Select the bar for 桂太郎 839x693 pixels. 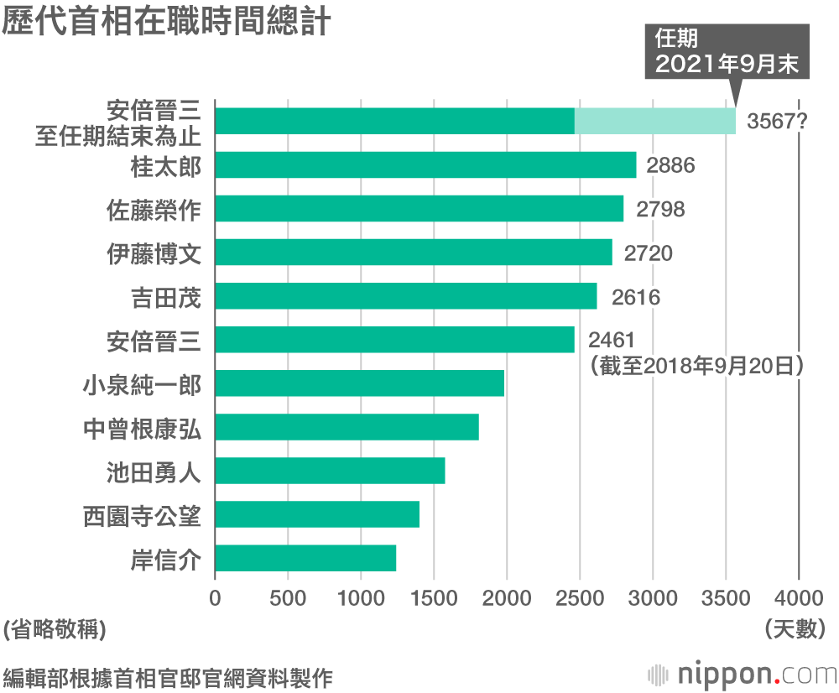425,164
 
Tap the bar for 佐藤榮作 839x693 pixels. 419,208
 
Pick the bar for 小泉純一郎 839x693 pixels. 359,383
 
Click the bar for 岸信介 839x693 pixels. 305,558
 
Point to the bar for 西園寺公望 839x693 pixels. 317,514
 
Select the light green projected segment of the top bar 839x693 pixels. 654,121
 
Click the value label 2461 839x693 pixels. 611,340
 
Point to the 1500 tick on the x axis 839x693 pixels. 434,597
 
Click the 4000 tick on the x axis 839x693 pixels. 798,597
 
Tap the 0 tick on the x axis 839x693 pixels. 216,597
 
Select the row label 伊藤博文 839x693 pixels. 154,253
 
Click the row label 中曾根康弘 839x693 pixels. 143,427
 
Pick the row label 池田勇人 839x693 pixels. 154,471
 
